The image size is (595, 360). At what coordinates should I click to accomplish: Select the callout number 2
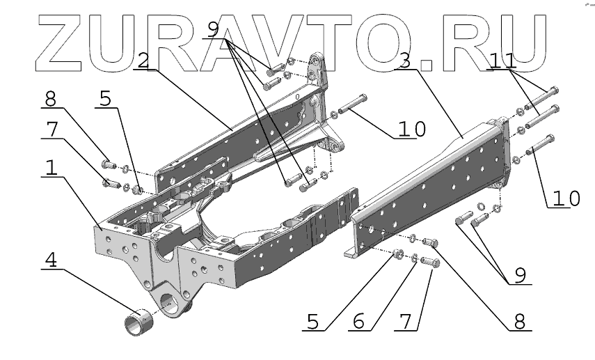pyautogui.click(x=143, y=61)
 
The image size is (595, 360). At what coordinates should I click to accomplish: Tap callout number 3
pyautogui.click(x=403, y=61)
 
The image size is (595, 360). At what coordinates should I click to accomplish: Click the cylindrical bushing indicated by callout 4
pyautogui.click(x=138, y=322)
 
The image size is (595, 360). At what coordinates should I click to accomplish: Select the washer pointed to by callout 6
pyautogui.click(x=415, y=259)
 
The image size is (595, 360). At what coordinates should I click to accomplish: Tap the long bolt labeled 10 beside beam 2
pyautogui.click(x=354, y=103)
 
